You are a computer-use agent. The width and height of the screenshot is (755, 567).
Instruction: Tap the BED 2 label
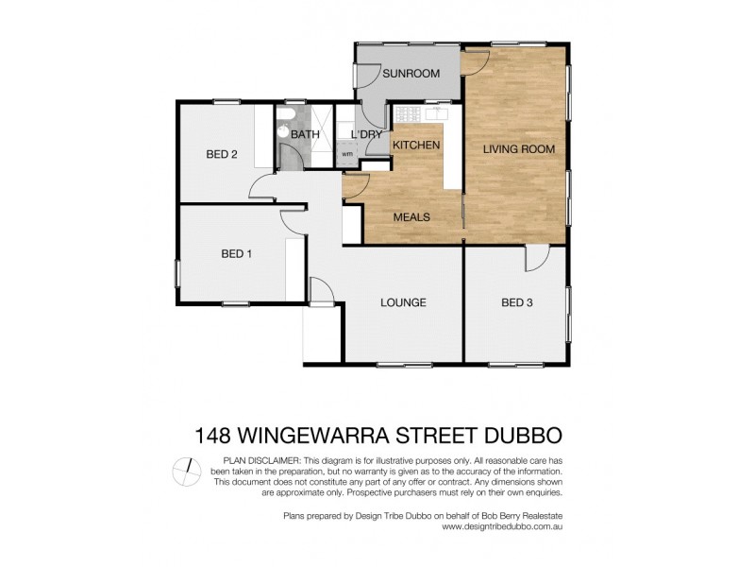click(221, 154)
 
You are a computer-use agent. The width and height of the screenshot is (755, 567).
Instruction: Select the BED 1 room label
click(236, 253)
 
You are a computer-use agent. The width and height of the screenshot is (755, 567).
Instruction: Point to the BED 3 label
click(517, 302)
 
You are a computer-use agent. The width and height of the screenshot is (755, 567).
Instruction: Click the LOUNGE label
click(403, 302)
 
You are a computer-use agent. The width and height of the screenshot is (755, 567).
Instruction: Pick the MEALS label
click(411, 216)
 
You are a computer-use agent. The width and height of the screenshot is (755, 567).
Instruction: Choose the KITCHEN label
click(416, 145)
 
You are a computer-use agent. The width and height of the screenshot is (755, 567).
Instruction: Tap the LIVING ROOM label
click(518, 149)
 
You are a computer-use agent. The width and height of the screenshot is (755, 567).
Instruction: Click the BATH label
click(305, 134)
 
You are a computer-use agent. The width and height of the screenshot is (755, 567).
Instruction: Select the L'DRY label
click(366, 134)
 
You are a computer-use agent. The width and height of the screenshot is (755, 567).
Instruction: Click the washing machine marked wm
click(346, 154)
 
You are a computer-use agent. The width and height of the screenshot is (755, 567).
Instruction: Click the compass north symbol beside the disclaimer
click(189, 469)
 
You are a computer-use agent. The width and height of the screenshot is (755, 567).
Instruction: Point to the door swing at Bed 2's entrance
click(263, 185)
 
